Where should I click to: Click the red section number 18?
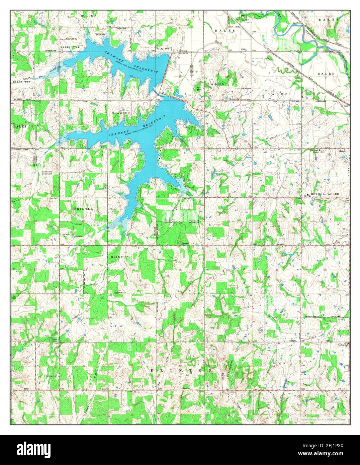[276, 124]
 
